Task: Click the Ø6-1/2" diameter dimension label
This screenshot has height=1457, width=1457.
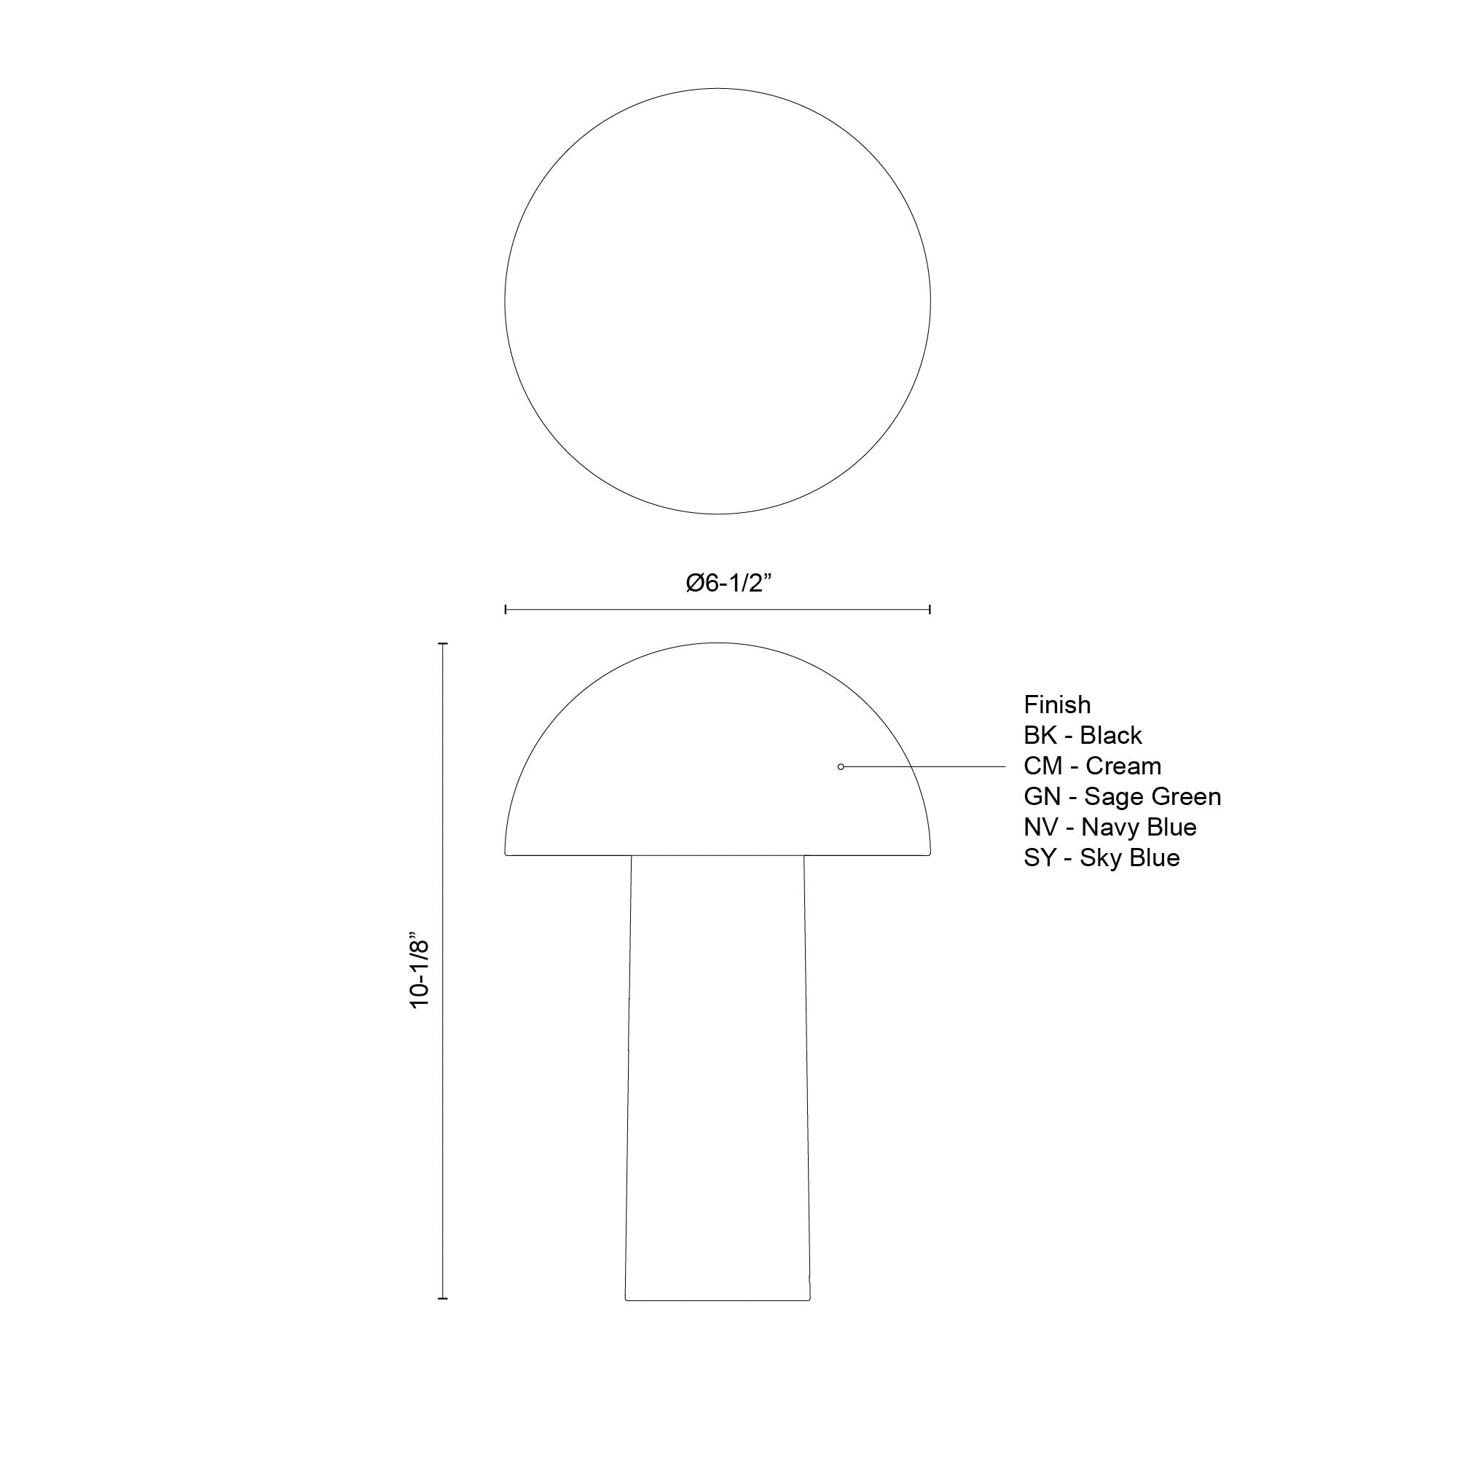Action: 728,582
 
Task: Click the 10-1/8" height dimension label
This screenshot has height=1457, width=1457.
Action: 419,973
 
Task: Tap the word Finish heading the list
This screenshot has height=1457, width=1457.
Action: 1056,704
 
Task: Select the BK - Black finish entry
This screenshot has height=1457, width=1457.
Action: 1083,735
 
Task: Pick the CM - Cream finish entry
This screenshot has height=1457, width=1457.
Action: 1092,766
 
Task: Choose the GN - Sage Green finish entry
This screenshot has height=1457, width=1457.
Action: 1121,796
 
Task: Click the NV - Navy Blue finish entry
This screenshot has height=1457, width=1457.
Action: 1110,828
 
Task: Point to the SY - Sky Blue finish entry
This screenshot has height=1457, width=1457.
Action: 1101,857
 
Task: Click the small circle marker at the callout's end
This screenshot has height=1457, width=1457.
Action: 841,767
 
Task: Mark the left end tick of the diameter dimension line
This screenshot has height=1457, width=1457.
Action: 506,609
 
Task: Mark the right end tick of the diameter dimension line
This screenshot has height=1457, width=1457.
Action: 930,609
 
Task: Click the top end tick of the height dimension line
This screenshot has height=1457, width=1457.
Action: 443,644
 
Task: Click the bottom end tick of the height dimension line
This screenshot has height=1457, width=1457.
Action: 443,1299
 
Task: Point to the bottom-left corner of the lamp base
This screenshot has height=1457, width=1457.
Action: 627,1300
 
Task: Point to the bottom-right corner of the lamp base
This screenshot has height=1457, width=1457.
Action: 809,1300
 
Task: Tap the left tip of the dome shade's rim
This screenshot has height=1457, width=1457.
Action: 506,854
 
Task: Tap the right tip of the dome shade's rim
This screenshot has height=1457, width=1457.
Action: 929,854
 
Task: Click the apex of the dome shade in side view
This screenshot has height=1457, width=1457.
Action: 717,643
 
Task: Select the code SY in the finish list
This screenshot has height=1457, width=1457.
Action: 1040,857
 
